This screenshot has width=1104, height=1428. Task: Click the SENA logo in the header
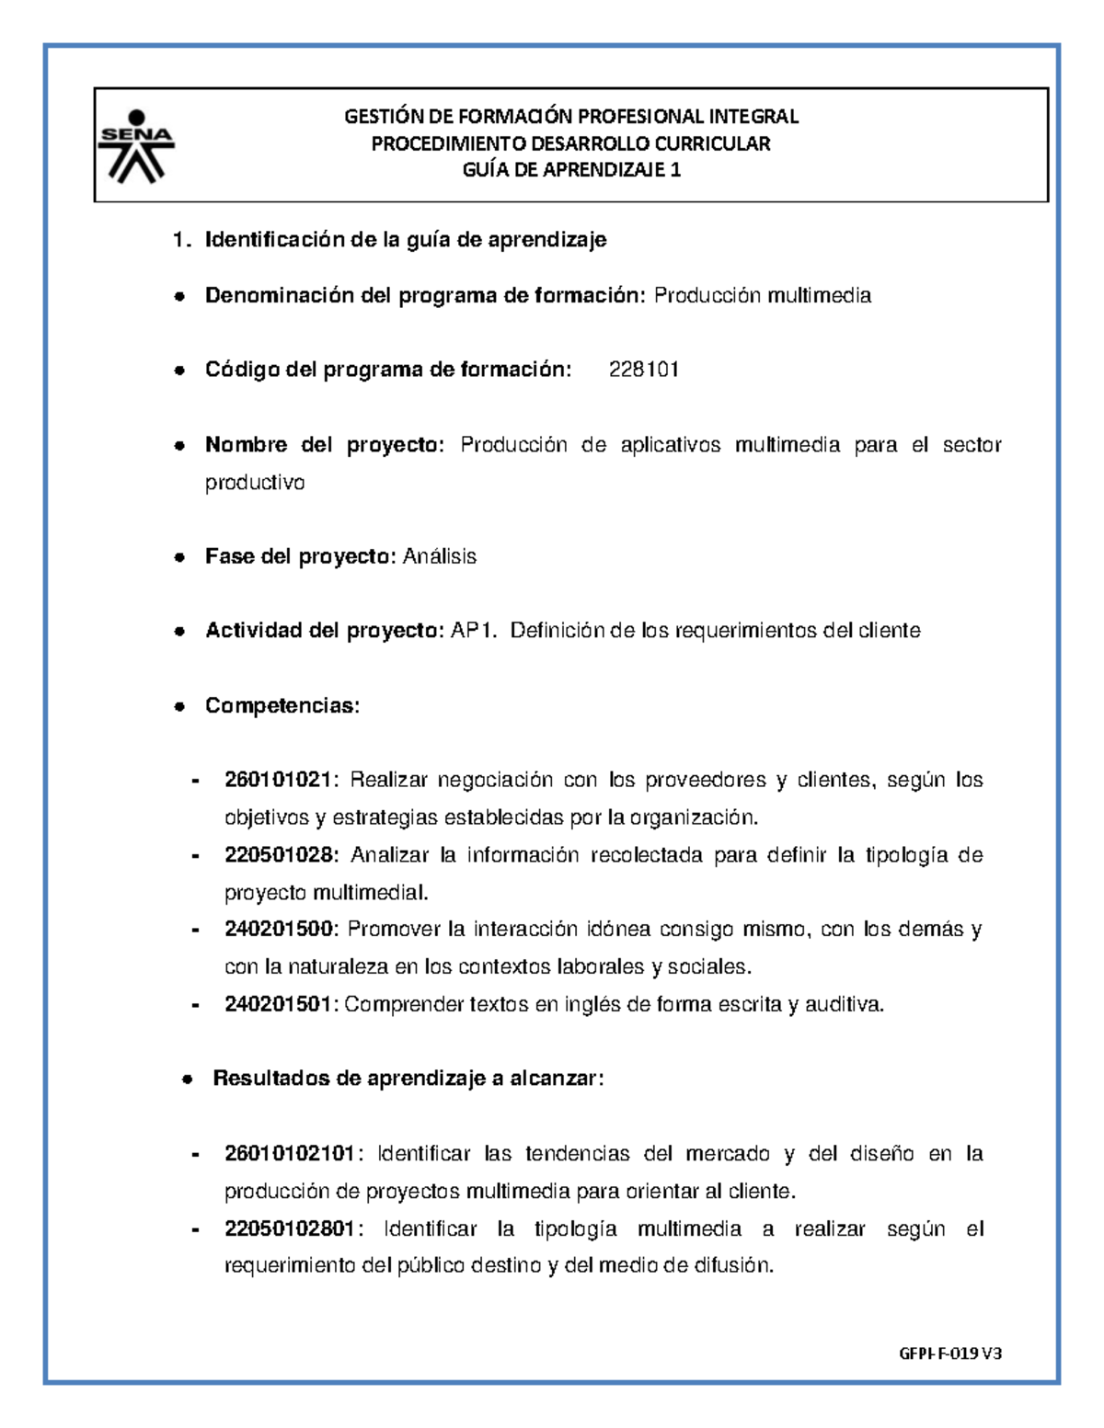click(136, 144)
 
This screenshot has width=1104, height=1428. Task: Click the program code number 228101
click(644, 370)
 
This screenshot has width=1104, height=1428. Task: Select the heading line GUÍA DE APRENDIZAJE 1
click(570, 170)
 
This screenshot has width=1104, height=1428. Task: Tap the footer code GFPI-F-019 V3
click(949, 1353)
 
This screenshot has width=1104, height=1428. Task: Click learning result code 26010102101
click(293, 1153)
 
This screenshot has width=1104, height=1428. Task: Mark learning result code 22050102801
click(293, 1228)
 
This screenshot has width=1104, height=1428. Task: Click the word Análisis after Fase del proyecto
click(440, 556)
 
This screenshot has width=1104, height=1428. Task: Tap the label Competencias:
click(282, 705)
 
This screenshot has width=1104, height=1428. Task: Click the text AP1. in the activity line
click(474, 631)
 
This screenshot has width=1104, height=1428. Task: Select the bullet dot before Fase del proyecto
click(180, 557)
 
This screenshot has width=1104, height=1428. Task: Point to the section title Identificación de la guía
click(405, 240)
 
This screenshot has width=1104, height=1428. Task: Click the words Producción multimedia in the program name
click(762, 295)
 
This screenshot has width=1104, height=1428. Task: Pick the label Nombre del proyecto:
click(324, 445)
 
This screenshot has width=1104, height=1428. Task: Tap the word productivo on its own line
click(254, 483)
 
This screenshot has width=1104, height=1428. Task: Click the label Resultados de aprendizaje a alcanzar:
click(408, 1079)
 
